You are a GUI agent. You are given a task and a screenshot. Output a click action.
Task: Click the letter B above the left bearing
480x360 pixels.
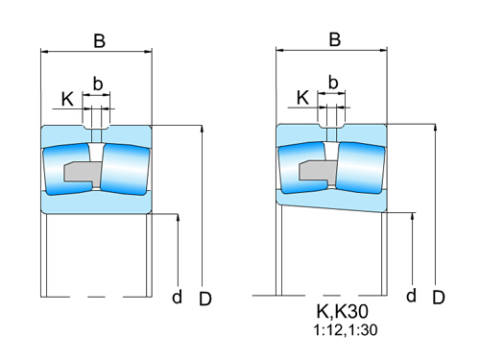point(99,40)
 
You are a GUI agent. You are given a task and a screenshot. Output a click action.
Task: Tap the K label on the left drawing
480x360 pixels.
point(67,98)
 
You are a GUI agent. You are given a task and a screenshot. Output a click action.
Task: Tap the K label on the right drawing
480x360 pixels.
point(302,97)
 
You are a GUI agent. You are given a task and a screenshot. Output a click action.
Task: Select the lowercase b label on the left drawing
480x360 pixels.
point(96,83)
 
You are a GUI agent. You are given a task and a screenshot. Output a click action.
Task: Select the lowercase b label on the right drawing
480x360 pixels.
point(333,82)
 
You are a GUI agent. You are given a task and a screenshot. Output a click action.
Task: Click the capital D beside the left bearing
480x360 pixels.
point(204,299)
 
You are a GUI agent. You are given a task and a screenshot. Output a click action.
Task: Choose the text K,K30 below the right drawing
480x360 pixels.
point(343,313)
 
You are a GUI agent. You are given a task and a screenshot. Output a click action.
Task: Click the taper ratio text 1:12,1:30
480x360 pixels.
point(343,331)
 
